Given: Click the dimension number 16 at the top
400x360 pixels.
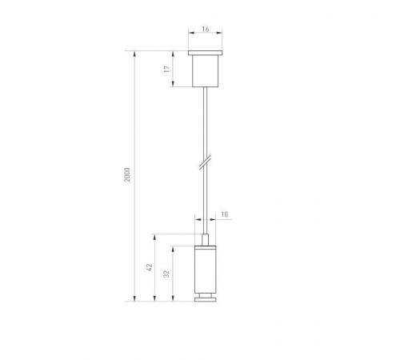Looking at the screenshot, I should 206,29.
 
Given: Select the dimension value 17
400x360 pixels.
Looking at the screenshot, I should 167,70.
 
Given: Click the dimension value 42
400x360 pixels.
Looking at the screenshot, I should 149,269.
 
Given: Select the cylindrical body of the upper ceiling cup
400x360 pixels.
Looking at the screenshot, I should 206,71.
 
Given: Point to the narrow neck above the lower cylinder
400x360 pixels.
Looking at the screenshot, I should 206,238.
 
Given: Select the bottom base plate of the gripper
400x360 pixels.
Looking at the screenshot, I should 206,301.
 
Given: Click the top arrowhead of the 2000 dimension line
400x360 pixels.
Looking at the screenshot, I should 133,54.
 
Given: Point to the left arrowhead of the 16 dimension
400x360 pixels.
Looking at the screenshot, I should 190,34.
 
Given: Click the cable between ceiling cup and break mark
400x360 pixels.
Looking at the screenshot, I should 206,120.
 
